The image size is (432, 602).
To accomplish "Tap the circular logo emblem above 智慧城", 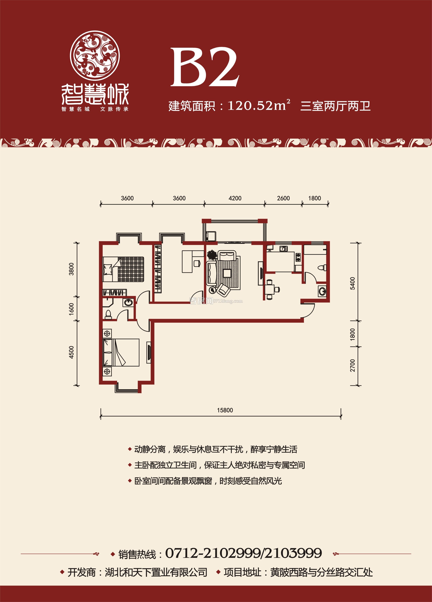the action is (95, 56).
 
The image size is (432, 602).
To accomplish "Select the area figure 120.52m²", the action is (259, 105).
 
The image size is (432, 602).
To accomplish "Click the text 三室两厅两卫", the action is (335, 106).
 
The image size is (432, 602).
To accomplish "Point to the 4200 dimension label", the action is (235, 198).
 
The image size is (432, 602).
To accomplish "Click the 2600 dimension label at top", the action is (283, 198).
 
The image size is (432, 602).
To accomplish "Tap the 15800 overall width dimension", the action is (225, 410).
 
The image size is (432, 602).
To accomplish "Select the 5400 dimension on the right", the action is (352, 283).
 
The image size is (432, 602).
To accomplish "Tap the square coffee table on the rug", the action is (227, 273).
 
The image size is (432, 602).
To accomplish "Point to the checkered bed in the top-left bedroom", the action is (123, 269).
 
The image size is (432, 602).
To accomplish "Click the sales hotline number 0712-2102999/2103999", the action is (243, 553).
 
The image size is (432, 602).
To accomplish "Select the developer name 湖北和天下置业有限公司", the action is (156, 572).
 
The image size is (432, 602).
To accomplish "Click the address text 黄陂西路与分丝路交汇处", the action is (321, 572).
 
